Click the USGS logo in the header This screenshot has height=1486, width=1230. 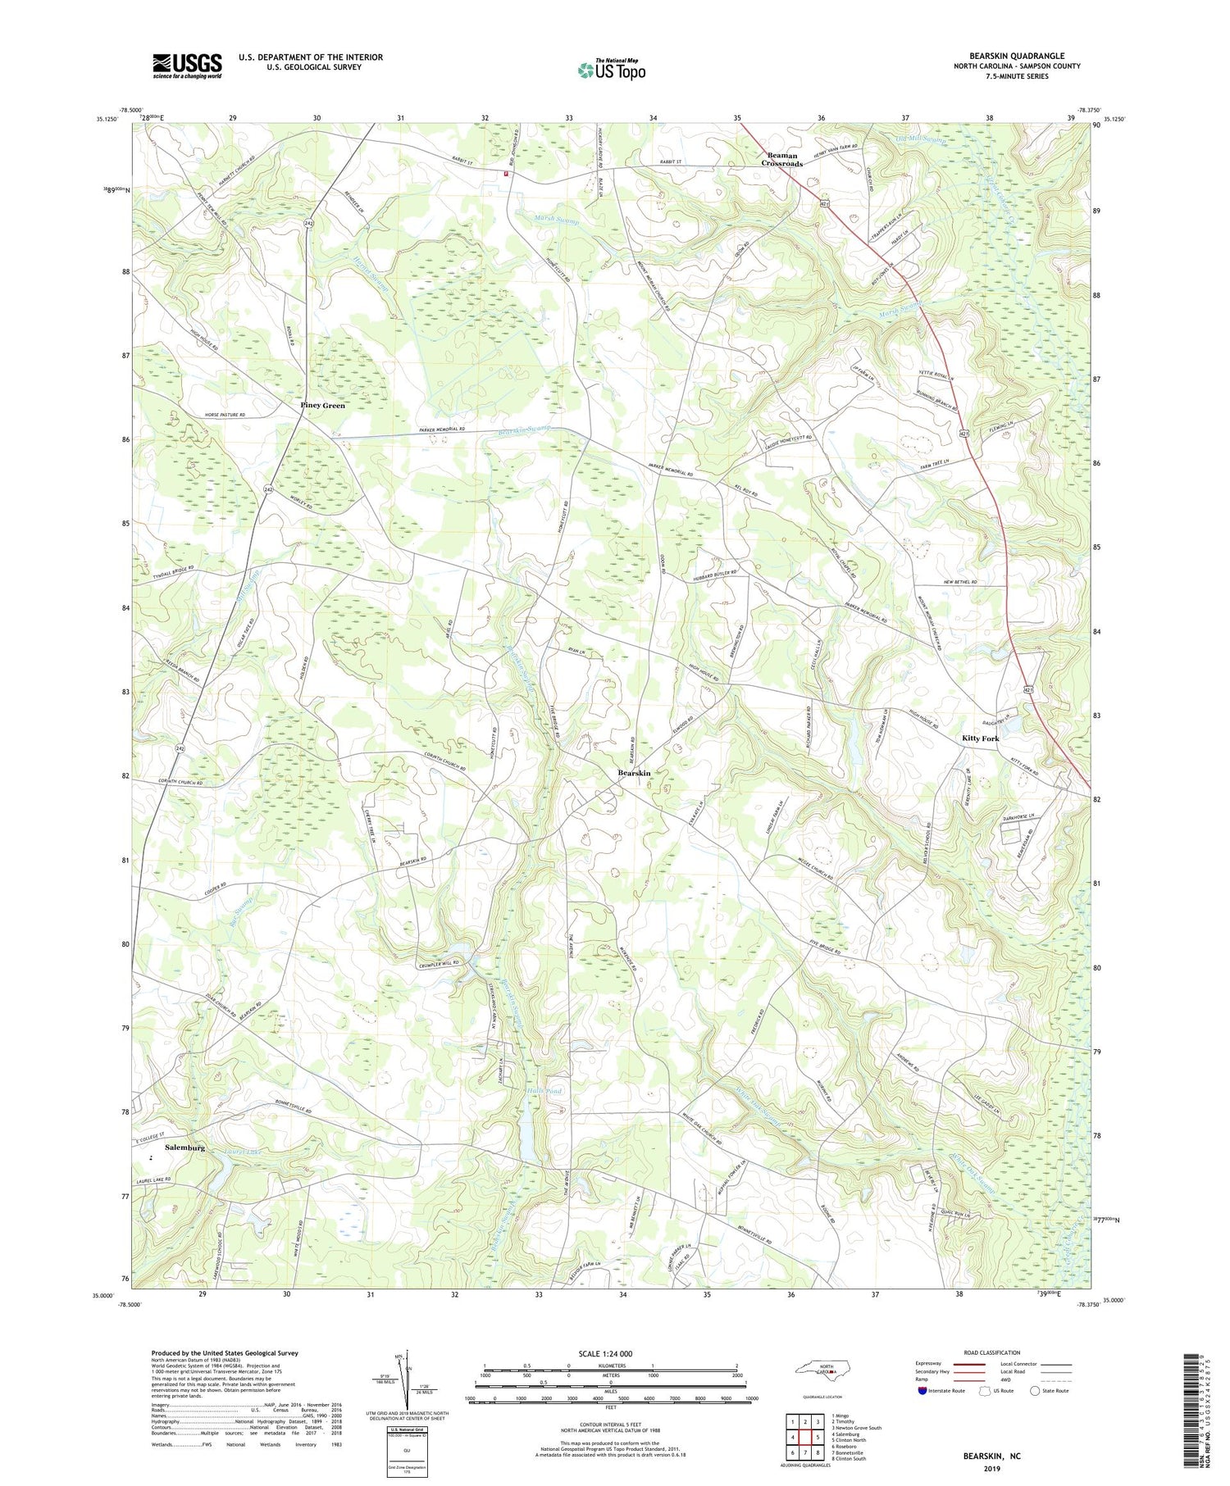pyautogui.click(x=187, y=66)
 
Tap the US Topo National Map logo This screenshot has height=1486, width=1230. pyautogui.click(x=611, y=69)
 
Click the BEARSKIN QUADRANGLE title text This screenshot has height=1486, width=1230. pyautogui.click(x=1017, y=56)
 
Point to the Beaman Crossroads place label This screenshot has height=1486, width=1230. pyautogui.click(x=781, y=160)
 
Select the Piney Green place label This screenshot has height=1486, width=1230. pyautogui.click(x=322, y=406)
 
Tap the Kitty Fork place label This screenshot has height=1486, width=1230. pyautogui.click(x=980, y=738)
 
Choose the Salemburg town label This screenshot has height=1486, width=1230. pyautogui.click(x=184, y=1148)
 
